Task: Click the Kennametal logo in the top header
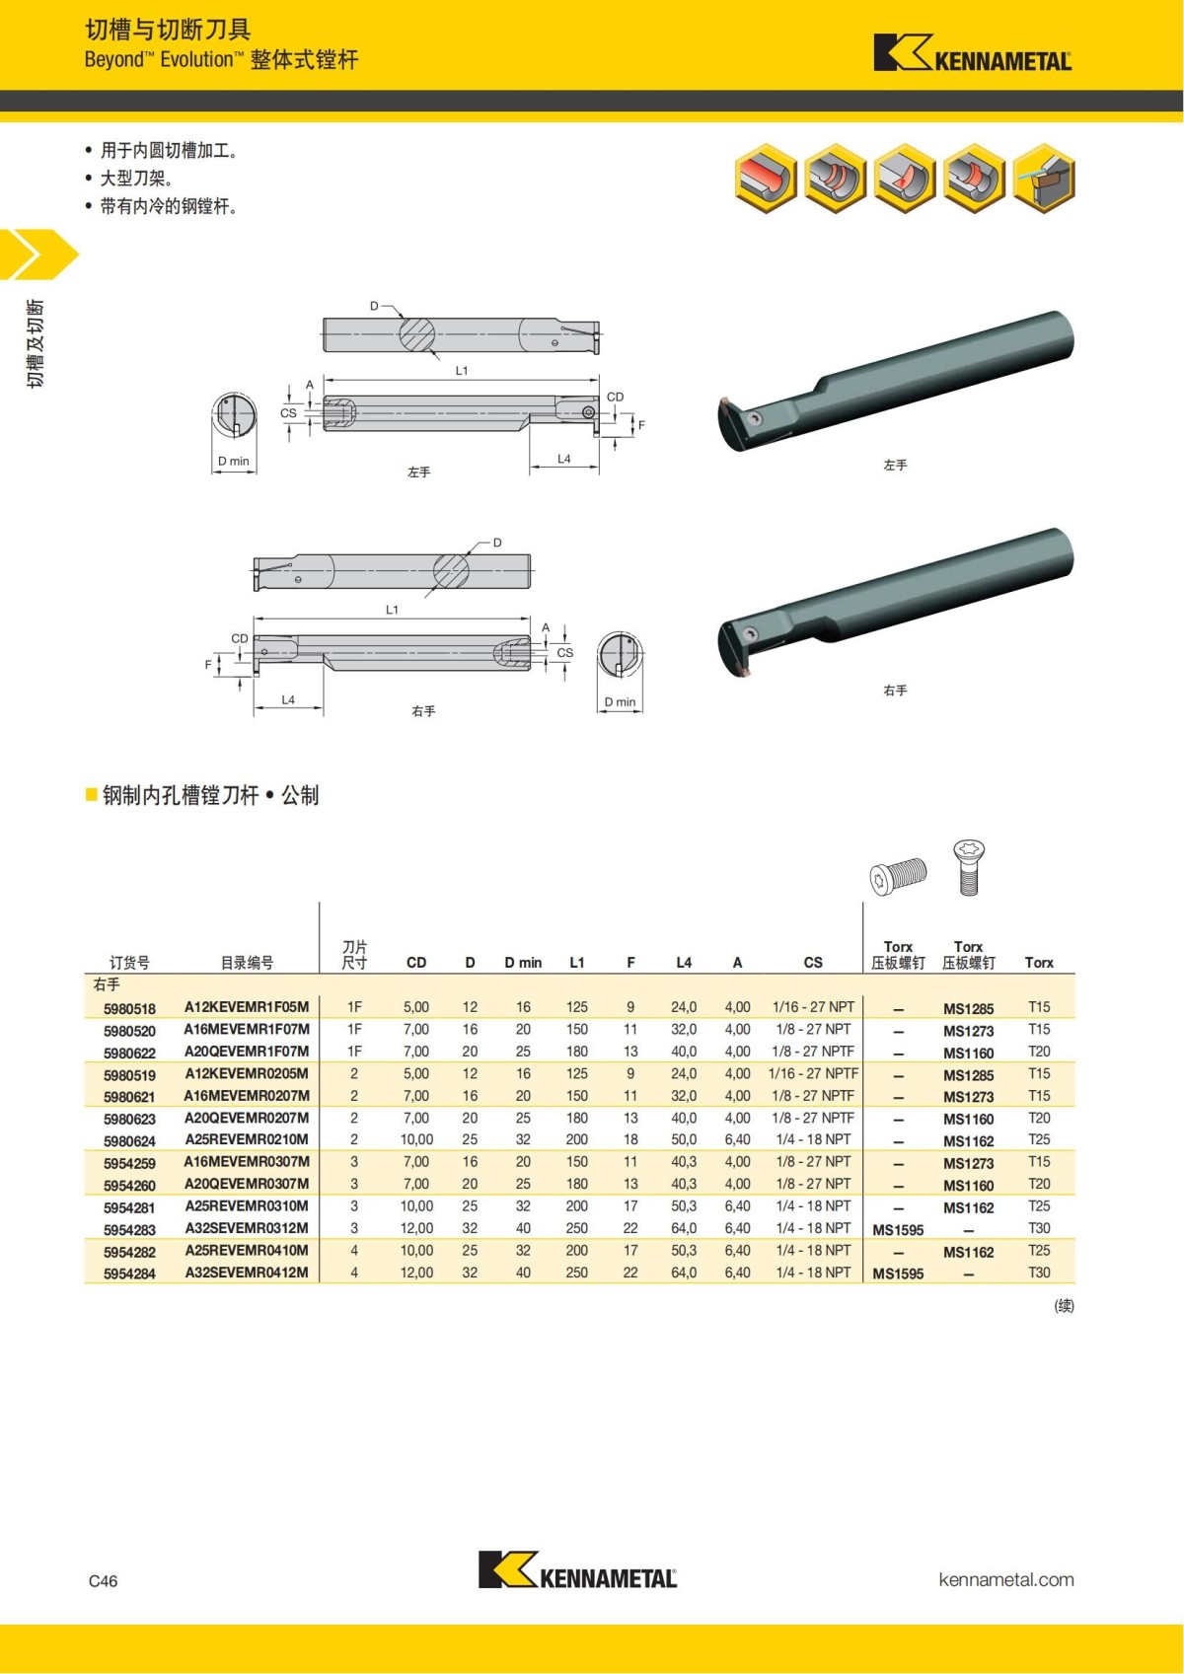click(972, 54)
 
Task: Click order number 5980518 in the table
click(129, 1008)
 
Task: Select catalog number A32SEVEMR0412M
click(247, 1273)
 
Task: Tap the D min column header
click(523, 963)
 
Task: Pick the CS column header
click(813, 963)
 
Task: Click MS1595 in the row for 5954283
click(898, 1230)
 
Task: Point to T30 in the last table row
click(1039, 1273)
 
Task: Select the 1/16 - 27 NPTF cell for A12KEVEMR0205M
click(813, 1073)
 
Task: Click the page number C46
click(103, 1581)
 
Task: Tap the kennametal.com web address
click(1005, 1579)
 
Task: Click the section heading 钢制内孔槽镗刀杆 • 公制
click(210, 795)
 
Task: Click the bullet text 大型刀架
click(136, 179)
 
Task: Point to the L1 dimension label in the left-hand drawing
click(462, 371)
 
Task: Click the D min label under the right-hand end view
click(620, 702)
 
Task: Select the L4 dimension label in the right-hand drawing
click(288, 700)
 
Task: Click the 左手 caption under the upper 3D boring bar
click(895, 465)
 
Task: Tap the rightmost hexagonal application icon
click(1044, 179)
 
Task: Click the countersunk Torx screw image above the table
click(969, 866)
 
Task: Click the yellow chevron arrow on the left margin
click(37, 255)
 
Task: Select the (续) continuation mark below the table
click(1064, 1306)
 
